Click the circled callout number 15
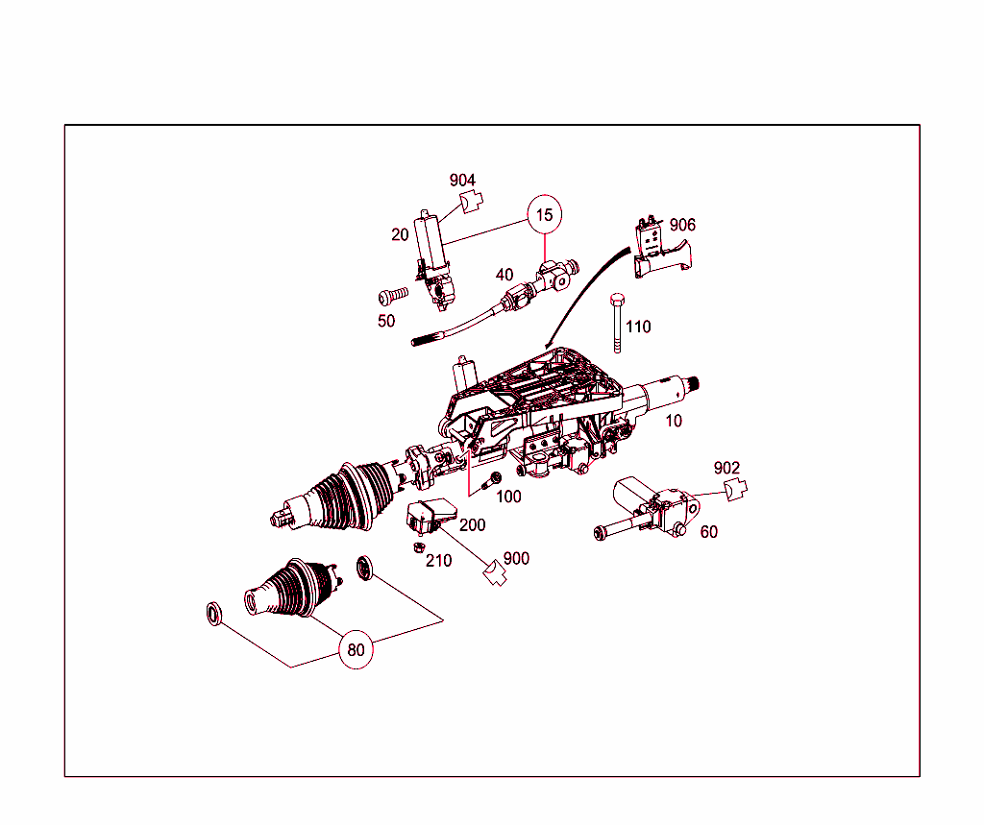tap(544, 214)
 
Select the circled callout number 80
tap(356, 649)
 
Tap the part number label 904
tap(462, 181)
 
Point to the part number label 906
tap(683, 225)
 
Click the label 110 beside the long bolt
tap(638, 327)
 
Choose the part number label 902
tap(726, 468)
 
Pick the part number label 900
tap(516, 558)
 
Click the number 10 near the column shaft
tap(674, 421)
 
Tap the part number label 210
tap(438, 561)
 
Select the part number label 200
tap(473, 525)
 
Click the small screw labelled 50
tap(393, 295)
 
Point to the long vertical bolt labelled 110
tap(618, 323)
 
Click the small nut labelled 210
tap(418, 547)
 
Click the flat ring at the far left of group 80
tap(214, 614)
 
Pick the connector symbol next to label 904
tap(472, 202)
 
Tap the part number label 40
tap(504, 274)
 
